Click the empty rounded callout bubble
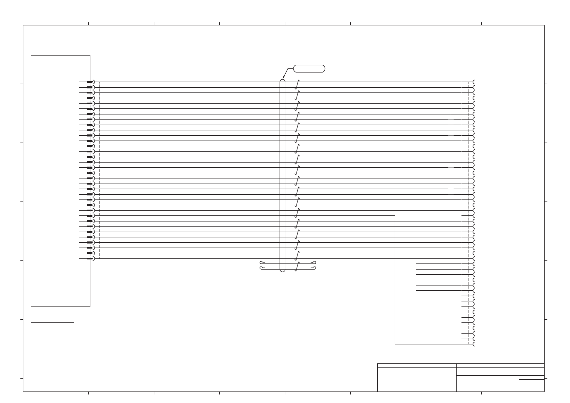[x=309, y=68]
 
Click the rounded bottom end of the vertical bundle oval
[x=283, y=271]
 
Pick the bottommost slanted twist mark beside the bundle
[x=297, y=267]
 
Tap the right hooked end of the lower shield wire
[x=314, y=268]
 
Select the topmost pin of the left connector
[x=90, y=82]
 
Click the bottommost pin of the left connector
[x=90, y=259]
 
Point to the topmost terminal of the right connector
[x=474, y=82]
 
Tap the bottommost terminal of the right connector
[x=474, y=344]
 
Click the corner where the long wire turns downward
[x=395, y=216]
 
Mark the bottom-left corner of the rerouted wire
[x=395, y=344]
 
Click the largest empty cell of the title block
[x=417, y=379]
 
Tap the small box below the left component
[x=52, y=315]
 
